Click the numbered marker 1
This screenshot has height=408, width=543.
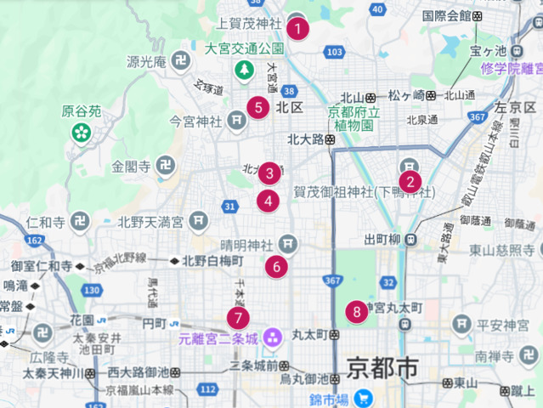(297, 28)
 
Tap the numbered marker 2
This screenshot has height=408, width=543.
(410, 180)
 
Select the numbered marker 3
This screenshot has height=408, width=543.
(269, 173)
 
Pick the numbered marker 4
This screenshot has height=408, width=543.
(269, 201)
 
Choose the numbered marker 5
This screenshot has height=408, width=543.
(259, 107)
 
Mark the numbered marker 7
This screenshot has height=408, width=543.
(239, 319)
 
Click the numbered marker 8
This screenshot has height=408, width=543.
(357, 311)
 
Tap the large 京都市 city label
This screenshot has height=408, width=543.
(382, 369)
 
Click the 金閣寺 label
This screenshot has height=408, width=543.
(131, 167)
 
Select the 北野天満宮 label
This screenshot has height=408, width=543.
(150, 223)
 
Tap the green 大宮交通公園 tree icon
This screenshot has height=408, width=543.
(245, 68)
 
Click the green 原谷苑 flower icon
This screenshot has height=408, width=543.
(82, 132)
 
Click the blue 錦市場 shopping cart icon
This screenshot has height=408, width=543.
(364, 398)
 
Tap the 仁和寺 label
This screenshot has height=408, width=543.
(47, 223)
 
